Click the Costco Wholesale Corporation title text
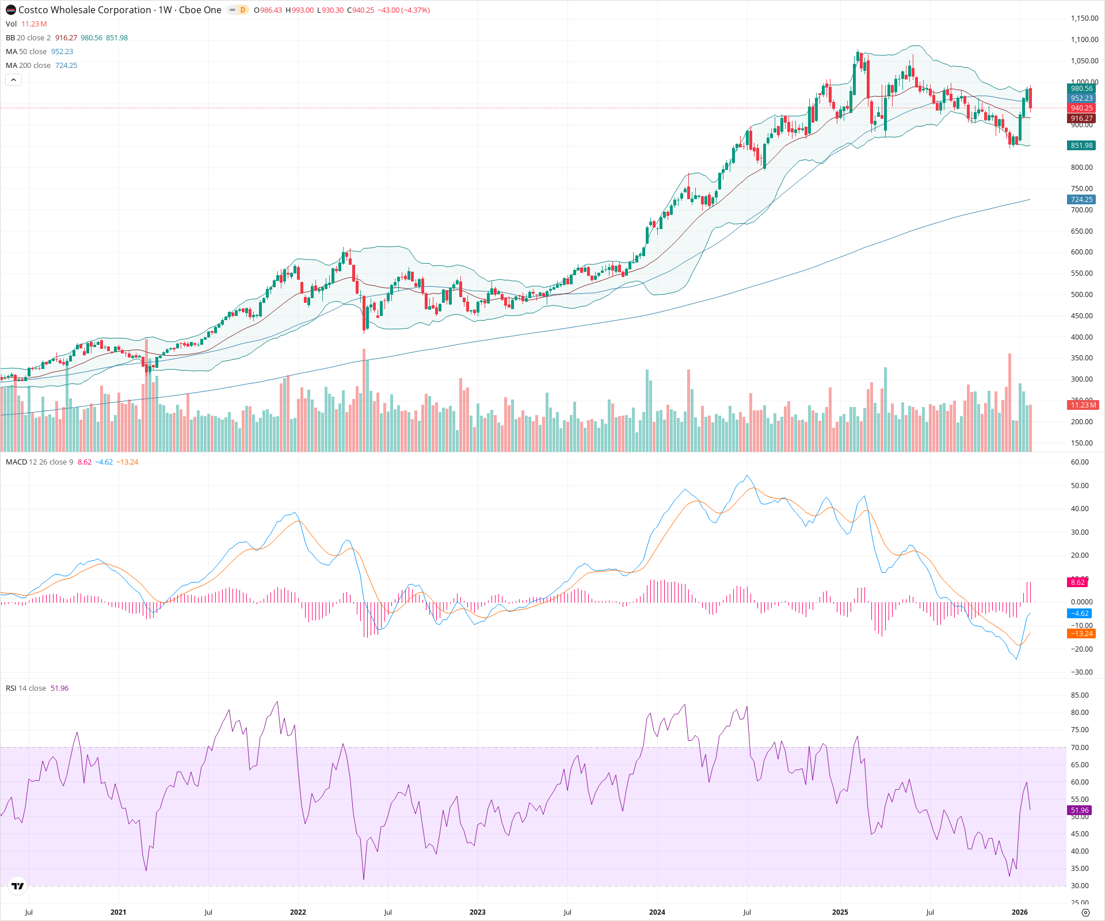(85, 10)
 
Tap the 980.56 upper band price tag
(1081, 89)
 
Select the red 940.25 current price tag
(1081, 108)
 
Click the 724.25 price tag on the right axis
(1081, 200)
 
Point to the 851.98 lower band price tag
(1081, 146)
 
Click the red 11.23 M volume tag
(1083, 405)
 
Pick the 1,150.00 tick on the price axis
(1084, 18)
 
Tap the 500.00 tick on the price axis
(1081, 295)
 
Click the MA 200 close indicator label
(28, 66)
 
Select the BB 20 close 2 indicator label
(28, 38)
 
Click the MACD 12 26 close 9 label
(39, 462)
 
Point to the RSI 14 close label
(26, 688)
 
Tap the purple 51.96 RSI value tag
(1079, 810)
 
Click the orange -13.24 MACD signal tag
(1081, 634)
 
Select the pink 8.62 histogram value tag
(1077, 583)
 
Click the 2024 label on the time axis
(657, 912)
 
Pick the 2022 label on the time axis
(298, 912)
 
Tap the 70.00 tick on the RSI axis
(1079, 748)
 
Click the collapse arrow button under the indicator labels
(14, 80)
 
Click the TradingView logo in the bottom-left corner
(18, 886)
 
